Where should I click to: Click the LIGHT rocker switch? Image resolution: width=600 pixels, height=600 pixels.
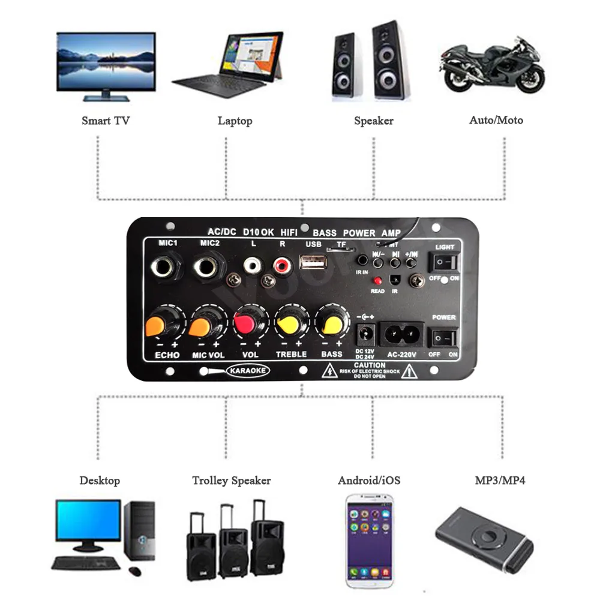(445, 263)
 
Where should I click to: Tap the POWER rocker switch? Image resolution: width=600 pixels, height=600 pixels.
(445, 338)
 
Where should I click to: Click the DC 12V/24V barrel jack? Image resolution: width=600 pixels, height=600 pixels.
(365, 334)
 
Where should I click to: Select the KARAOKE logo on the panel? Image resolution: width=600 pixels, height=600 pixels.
(248, 371)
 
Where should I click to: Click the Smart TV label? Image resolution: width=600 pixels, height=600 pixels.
(106, 121)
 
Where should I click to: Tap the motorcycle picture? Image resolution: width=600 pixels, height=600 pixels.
(493, 67)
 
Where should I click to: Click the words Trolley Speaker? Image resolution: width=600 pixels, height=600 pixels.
(231, 481)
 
